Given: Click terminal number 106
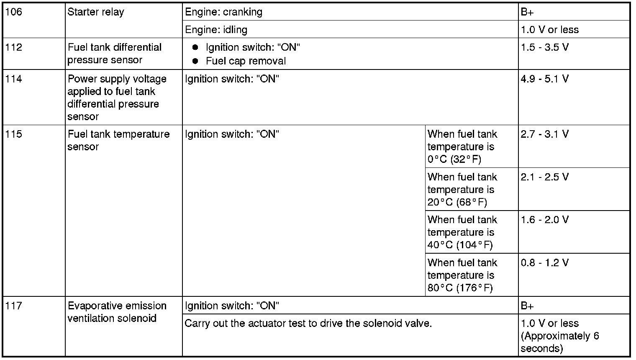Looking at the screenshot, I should pyautogui.click(x=14, y=12).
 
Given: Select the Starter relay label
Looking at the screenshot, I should pyautogui.click(x=96, y=12).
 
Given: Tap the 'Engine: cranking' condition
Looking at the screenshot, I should pyautogui.click(x=224, y=12).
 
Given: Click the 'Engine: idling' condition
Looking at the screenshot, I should pyautogui.click(x=216, y=30).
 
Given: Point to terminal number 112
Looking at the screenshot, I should pyautogui.click(x=14, y=47).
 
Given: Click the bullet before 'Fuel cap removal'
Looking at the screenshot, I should pyautogui.click(x=195, y=61).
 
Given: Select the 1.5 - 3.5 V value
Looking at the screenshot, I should pyautogui.click(x=545, y=47).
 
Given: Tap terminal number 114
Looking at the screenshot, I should pyautogui.click(x=14, y=79).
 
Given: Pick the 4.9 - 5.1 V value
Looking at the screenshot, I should pyautogui.click(x=545, y=79).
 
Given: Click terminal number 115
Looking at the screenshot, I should pyautogui.click(x=14, y=134).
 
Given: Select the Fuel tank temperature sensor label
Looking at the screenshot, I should pyautogui.click(x=118, y=140).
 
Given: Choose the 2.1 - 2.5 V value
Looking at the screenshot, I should pyautogui.click(x=545, y=177).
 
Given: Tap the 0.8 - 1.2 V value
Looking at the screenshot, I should pyautogui.click(x=545, y=263).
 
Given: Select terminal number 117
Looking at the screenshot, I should pyautogui.click(x=14, y=306).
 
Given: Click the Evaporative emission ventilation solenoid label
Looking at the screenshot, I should pyautogui.click(x=117, y=312).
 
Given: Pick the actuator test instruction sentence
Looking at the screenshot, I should pyautogui.click(x=308, y=324).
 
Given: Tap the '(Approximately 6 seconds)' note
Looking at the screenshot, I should pyautogui.click(x=560, y=342).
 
